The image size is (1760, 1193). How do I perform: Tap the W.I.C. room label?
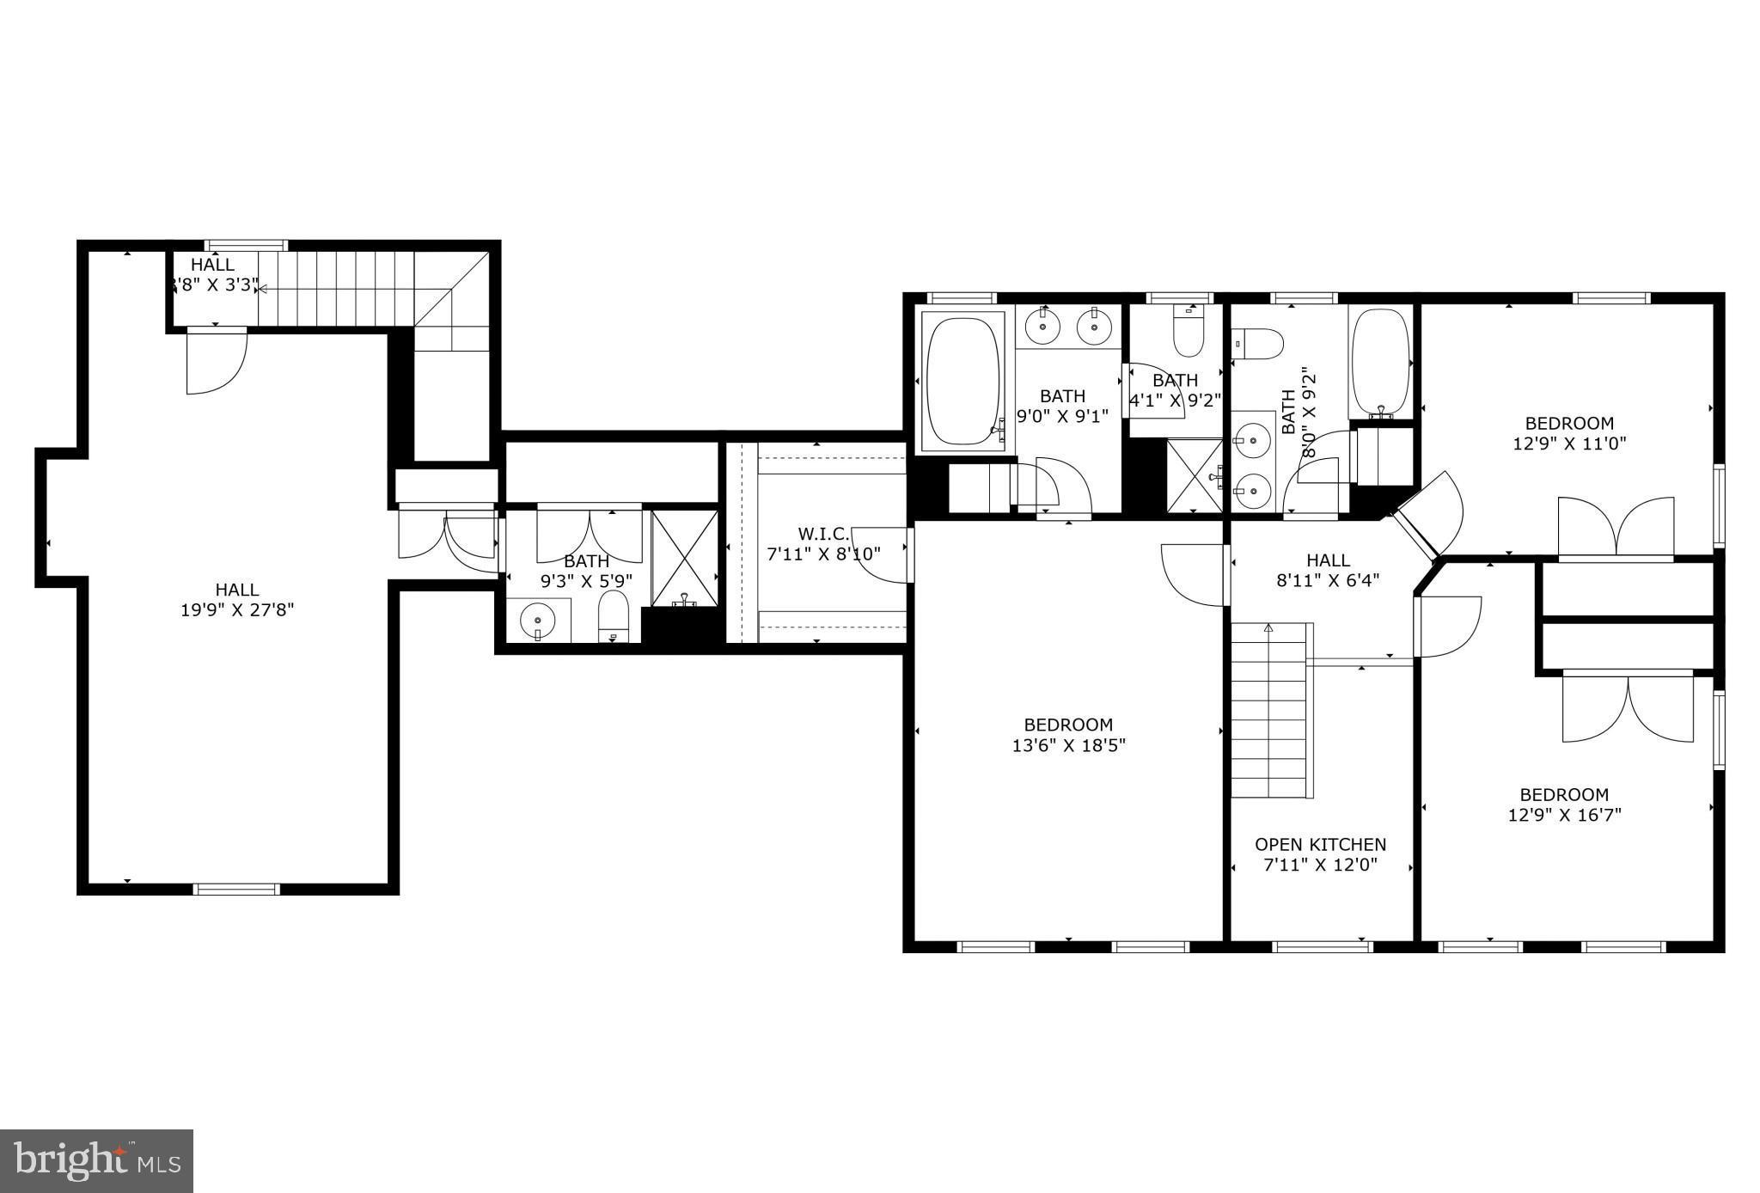pos(823,534)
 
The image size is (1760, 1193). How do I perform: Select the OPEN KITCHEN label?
pos(1320,844)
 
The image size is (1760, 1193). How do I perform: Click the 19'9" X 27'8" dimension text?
pos(237,610)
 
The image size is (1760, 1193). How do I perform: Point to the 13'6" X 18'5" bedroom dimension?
pos(1068,745)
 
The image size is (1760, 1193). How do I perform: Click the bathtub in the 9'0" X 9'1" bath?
pos(962,382)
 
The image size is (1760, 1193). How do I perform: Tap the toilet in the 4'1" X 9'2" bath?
pos(1189,336)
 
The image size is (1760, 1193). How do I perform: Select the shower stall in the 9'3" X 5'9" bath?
pos(684,560)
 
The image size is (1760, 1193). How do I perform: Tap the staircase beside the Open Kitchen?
pos(1269,710)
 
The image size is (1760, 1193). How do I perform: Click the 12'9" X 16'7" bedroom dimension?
pos(1564,815)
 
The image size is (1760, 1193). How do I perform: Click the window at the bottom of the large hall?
pos(236,889)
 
